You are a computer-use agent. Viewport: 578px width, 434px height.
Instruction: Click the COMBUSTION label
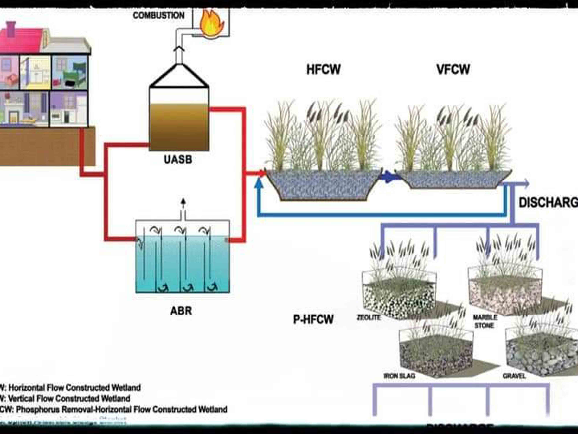coord(159,15)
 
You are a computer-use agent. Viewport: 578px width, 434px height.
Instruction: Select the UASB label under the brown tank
coord(178,159)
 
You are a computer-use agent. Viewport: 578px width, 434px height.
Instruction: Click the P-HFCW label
coord(313,319)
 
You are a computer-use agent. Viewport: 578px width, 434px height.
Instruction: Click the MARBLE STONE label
coord(485,321)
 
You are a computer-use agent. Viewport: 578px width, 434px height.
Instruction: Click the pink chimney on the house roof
coord(11,29)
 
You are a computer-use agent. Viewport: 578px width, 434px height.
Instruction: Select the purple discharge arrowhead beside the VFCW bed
coord(526,184)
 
